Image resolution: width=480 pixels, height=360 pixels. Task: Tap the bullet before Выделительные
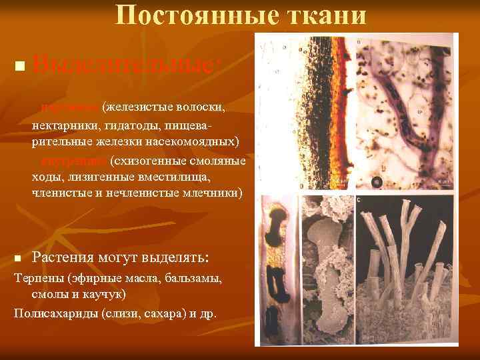click(19, 65)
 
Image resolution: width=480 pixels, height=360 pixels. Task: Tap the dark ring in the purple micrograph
click(377, 181)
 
